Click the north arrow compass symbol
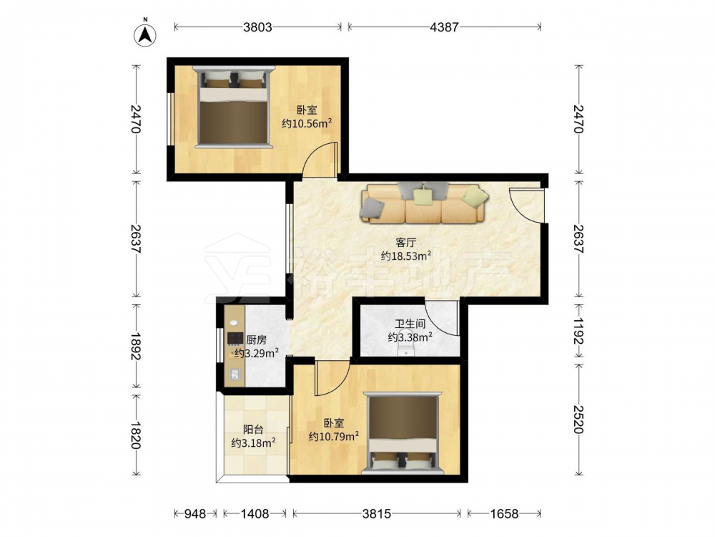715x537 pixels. tap(145, 34)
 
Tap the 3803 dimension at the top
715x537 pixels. tap(257, 27)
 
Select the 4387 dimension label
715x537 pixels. tap(444, 27)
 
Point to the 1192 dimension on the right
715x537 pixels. tap(578, 331)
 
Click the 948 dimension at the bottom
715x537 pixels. tap(194, 513)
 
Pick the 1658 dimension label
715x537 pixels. tap(504, 513)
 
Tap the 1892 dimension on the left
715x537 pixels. tap(135, 346)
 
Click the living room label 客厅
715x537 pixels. tap(405, 242)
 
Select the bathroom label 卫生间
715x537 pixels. tap(410, 324)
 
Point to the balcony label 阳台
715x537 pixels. tap(253, 429)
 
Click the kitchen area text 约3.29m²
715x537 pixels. tap(256, 353)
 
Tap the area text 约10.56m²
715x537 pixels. tap(306, 123)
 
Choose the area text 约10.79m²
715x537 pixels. tap(333, 437)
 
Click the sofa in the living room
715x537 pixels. tap(424, 203)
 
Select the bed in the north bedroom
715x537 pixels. tap(233, 107)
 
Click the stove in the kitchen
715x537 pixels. tap(235, 338)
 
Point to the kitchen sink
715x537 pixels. tap(235, 374)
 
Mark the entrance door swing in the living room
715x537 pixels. tap(527, 205)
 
